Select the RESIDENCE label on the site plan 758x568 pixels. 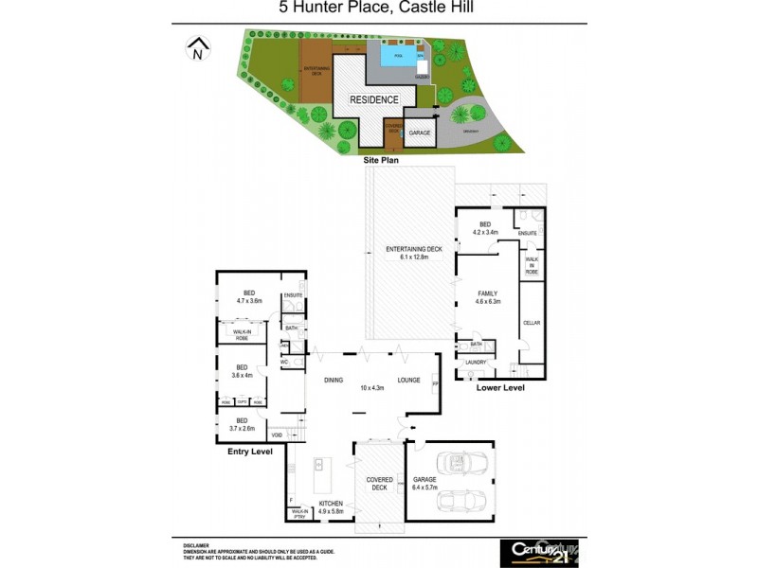pyautogui.click(x=374, y=99)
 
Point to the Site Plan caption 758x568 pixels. pyautogui.click(x=383, y=160)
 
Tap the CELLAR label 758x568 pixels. pyautogui.click(x=532, y=323)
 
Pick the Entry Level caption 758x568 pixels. pyautogui.click(x=250, y=452)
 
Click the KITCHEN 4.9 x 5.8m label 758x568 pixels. pyautogui.click(x=331, y=507)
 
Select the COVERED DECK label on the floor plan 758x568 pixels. pyautogui.click(x=379, y=482)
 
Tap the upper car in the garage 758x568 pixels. pyautogui.click(x=453, y=463)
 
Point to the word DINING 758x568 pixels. pyautogui.click(x=334, y=380)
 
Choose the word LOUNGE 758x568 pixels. pyautogui.click(x=408, y=380)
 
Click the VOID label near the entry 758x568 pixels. pyautogui.click(x=277, y=435)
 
